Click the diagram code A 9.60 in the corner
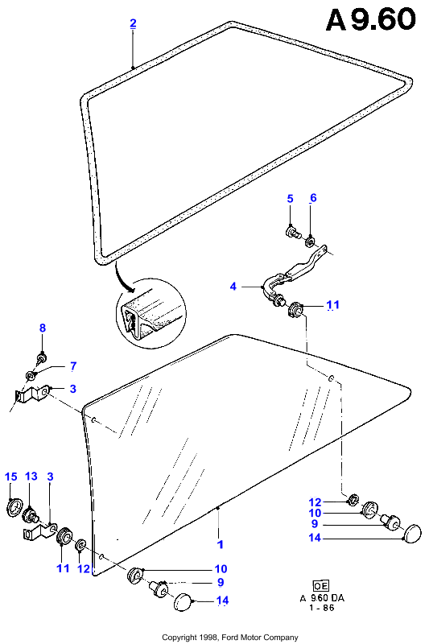click(x=371, y=20)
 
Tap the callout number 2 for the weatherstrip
click(x=133, y=23)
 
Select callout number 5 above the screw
click(x=291, y=199)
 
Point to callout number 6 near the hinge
click(x=313, y=198)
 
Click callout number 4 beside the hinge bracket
click(x=233, y=287)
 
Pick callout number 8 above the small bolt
click(x=43, y=328)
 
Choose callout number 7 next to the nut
click(x=73, y=365)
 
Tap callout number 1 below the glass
click(x=221, y=544)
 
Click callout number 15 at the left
click(x=11, y=477)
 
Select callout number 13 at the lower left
click(x=31, y=476)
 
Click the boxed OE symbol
click(x=320, y=586)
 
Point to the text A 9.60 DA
click(x=322, y=598)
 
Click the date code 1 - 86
click(x=322, y=608)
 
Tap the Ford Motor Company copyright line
click(x=230, y=638)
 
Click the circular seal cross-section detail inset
click(x=151, y=313)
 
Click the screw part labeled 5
click(x=292, y=233)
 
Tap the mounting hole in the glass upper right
click(x=331, y=378)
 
